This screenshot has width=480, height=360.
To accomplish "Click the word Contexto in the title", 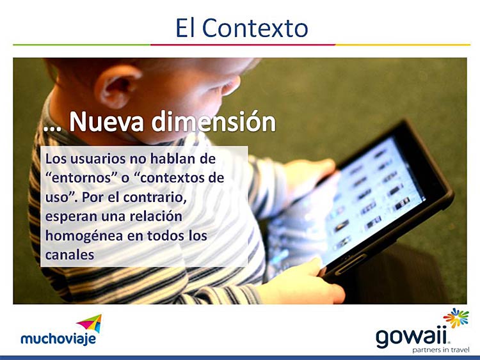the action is pyautogui.click(x=255, y=28).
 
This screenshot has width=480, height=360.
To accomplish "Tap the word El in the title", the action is pyautogui.click(x=185, y=28).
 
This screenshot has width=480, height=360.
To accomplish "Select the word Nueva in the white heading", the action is pyautogui.click(x=106, y=121).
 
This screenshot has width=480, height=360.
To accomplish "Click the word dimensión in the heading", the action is pyautogui.click(x=213, y=121).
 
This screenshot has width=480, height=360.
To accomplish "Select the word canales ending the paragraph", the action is pyautogui.click(x=70, y=254).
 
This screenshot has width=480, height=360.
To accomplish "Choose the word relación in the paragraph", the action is pyautogui.click(x=156, y=216).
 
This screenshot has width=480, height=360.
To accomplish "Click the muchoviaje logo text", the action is pyautogui.click(x=58, y=339).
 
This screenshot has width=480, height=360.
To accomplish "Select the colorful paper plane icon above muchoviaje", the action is pyautogui.click(x=89, y=324).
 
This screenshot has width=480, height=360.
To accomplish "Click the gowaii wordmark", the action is pyautogui.click(x=413, y=338).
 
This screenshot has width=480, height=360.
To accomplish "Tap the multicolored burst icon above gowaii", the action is pyautogui.click(x=456, y=318).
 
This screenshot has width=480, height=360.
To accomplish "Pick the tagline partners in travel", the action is pyautogui.click(x=441, y=350).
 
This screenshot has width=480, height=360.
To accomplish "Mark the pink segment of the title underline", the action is pyautogui.click(x=243, y=45).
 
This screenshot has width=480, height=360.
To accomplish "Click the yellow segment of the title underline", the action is pyautogui.click(x=403, y=45).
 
